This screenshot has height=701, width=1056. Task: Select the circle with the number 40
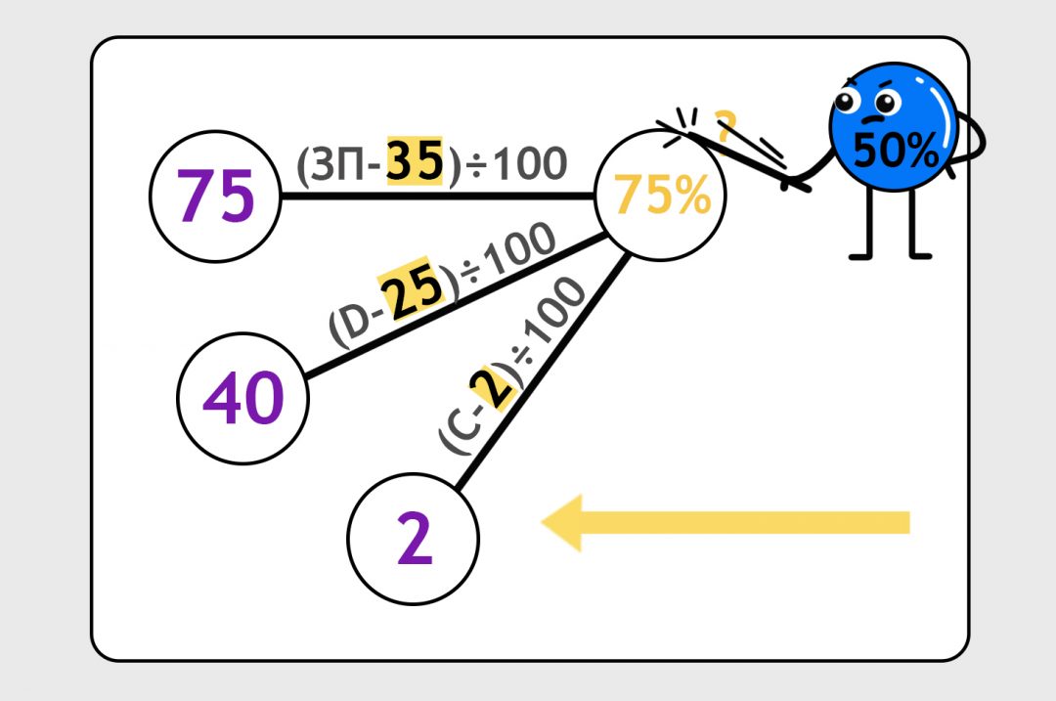(x=242, y=398)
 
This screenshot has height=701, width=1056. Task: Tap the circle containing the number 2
(x=415, y=539)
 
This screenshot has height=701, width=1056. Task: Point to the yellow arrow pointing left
(x=725, y=523)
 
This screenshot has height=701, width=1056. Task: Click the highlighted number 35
(x=417, y=162)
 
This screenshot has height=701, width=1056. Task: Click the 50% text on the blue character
(x=896, y=150)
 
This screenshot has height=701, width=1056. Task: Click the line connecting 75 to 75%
(x=440, y=197)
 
